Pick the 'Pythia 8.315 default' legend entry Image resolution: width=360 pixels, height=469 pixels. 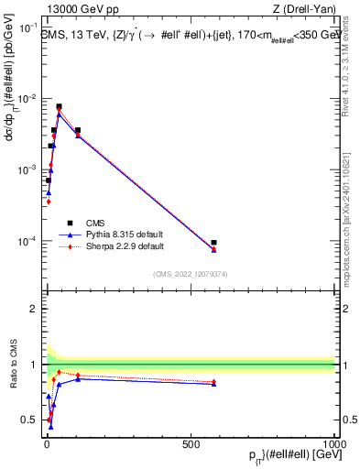point(125,234)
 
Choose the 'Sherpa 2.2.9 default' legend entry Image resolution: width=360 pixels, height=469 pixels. point(125,246)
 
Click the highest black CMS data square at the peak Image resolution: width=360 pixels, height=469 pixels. point(59,106)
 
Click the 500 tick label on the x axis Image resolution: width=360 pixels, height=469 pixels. point(191,443)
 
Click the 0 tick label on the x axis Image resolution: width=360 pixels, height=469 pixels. point(47,443)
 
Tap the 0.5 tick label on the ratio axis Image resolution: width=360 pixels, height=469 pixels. point(29,420)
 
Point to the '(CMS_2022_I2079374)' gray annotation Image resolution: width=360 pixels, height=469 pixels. point(190,273)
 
